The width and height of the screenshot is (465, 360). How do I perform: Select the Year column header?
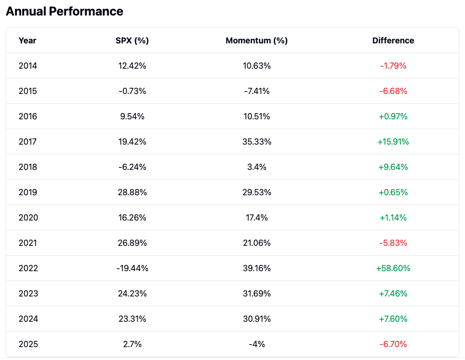coord(27,40)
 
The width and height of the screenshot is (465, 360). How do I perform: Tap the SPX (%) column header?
coord(132,40)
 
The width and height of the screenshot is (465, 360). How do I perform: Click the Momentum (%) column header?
coord(256,40)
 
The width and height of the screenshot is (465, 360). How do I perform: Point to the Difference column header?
coord(393,40)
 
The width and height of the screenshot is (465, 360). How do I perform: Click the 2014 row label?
coord(28,66)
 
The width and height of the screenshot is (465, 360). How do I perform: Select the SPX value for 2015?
coord(132,91)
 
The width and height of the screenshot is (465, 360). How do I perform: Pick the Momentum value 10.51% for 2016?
coord(256,116)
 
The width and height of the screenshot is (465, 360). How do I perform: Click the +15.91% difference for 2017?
coord(393,142)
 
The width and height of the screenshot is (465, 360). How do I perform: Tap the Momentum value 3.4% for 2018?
coord(256,167)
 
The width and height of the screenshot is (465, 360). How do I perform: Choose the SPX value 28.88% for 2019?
coord(132,192)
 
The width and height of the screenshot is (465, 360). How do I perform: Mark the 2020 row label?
coord(28,217)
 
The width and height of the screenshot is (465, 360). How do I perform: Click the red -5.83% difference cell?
coord(393,243)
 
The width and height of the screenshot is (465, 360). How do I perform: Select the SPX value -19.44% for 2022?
coord(132,268)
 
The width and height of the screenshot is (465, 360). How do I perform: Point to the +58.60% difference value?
coord(393,268)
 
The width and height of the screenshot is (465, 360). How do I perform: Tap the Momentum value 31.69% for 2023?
coord(256,293)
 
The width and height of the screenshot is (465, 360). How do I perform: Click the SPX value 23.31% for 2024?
coord(132,319)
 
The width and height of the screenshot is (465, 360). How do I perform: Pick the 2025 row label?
coord(28,344)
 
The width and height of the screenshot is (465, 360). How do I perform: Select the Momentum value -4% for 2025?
coord(256,344)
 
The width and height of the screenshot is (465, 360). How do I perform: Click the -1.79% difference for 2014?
coord(393,66)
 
